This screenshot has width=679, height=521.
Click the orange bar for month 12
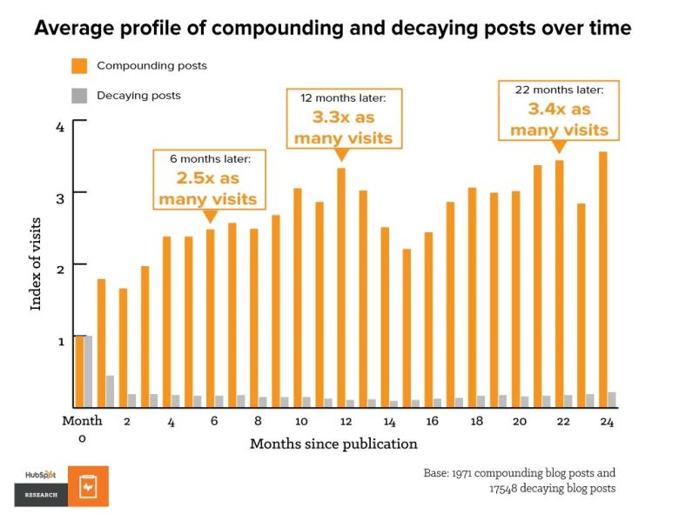click(x=341, y=287)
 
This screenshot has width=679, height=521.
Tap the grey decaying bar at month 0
click(x=89, y=371)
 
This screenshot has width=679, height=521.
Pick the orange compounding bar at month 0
click(x=79, y=371)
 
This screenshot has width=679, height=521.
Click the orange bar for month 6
click(x=211, y=317)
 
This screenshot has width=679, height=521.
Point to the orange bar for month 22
click(x=559, y=283)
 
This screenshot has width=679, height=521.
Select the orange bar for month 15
click(x=407, y=327)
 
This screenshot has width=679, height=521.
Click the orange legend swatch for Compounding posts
click(x=79, y=66)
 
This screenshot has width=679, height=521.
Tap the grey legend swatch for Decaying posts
click(x=79, y=95)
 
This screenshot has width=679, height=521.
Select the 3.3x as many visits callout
click(x=343, y=118)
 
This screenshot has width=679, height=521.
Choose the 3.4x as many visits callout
click(x=559, y=110)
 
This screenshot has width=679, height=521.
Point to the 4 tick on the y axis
click(x=60, y=127)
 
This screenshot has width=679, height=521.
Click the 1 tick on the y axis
click(x=60, y=341)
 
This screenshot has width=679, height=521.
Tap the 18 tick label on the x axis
click(x=476, y=421)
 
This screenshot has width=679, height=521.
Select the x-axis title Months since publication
click(x=333, y=444)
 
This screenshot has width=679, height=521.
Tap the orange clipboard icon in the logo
click(x=89, y=487)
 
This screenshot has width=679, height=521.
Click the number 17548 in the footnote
click(x=507, y=489)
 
